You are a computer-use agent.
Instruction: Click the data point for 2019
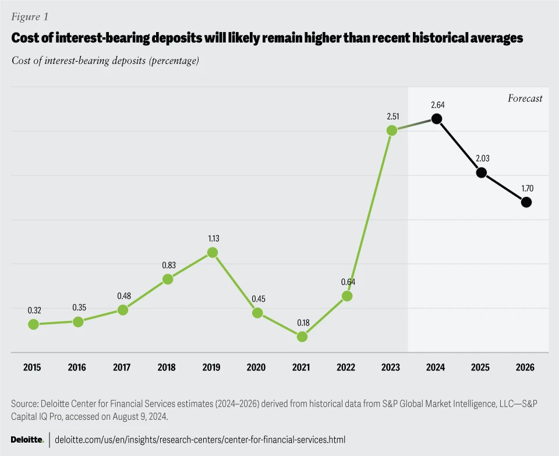click(x=213, y=252)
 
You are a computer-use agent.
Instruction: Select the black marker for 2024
click(x=436, y=119)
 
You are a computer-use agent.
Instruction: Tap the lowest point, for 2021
click(x=302, y=337)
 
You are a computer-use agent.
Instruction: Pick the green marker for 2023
click(x=392, y=130)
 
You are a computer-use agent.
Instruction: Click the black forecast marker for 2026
click(x=526, y=202)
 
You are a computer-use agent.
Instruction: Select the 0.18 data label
click(x=302, y=322)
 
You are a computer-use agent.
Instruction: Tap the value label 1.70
click(x=526, y=188)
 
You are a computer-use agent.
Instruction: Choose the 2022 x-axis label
click(x=346, y=367)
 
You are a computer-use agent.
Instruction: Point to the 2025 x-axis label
click(x=480, y=367)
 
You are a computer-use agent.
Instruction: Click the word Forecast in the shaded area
click(x=525, y=98)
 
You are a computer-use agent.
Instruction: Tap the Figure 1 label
click(x=29, y=17)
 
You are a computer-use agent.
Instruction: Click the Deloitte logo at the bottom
click(x=27, y=439)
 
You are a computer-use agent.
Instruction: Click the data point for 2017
click(x=123, y=310)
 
